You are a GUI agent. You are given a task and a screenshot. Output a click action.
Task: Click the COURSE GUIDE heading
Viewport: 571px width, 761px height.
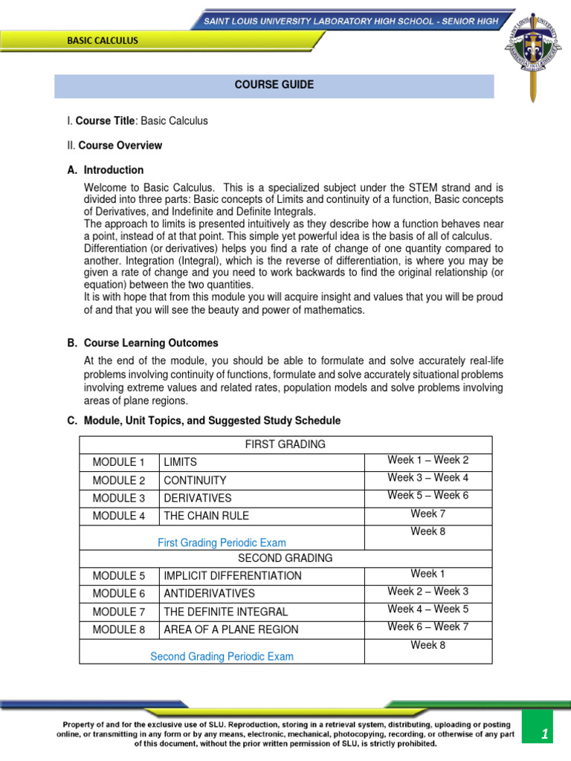tap(274, 85)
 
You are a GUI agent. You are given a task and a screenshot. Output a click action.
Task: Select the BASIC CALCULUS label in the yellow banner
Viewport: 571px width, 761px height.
tap(103, 41)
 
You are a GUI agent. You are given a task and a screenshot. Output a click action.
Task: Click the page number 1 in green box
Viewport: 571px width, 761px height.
tap(544, 734)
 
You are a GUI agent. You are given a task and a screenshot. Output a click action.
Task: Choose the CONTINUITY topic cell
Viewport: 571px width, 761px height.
tap(195, 480)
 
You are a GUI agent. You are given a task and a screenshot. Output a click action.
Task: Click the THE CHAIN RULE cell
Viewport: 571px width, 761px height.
tap(206, 516)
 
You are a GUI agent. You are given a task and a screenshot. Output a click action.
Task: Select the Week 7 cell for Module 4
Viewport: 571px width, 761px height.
tap(428, 514)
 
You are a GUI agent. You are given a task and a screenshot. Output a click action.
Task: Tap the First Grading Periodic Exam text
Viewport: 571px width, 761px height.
tap(222, 543)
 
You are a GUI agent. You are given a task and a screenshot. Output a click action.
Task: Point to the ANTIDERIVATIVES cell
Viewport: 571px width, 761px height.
tap(209, 594)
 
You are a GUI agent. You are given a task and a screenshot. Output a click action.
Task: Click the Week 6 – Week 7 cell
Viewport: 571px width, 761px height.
tap(428, 627)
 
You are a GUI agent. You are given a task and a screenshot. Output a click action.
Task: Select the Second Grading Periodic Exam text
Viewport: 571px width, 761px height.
tap(222, 657)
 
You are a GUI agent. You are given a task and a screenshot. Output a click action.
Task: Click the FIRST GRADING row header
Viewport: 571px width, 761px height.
tap(285, 444)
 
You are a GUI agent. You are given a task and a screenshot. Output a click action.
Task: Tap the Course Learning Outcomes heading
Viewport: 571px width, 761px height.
tap(151, 343)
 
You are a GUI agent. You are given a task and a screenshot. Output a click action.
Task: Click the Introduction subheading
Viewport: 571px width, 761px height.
tap(113, 170)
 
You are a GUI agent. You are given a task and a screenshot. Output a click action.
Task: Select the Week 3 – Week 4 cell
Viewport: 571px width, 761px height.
tap(428, 478)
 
